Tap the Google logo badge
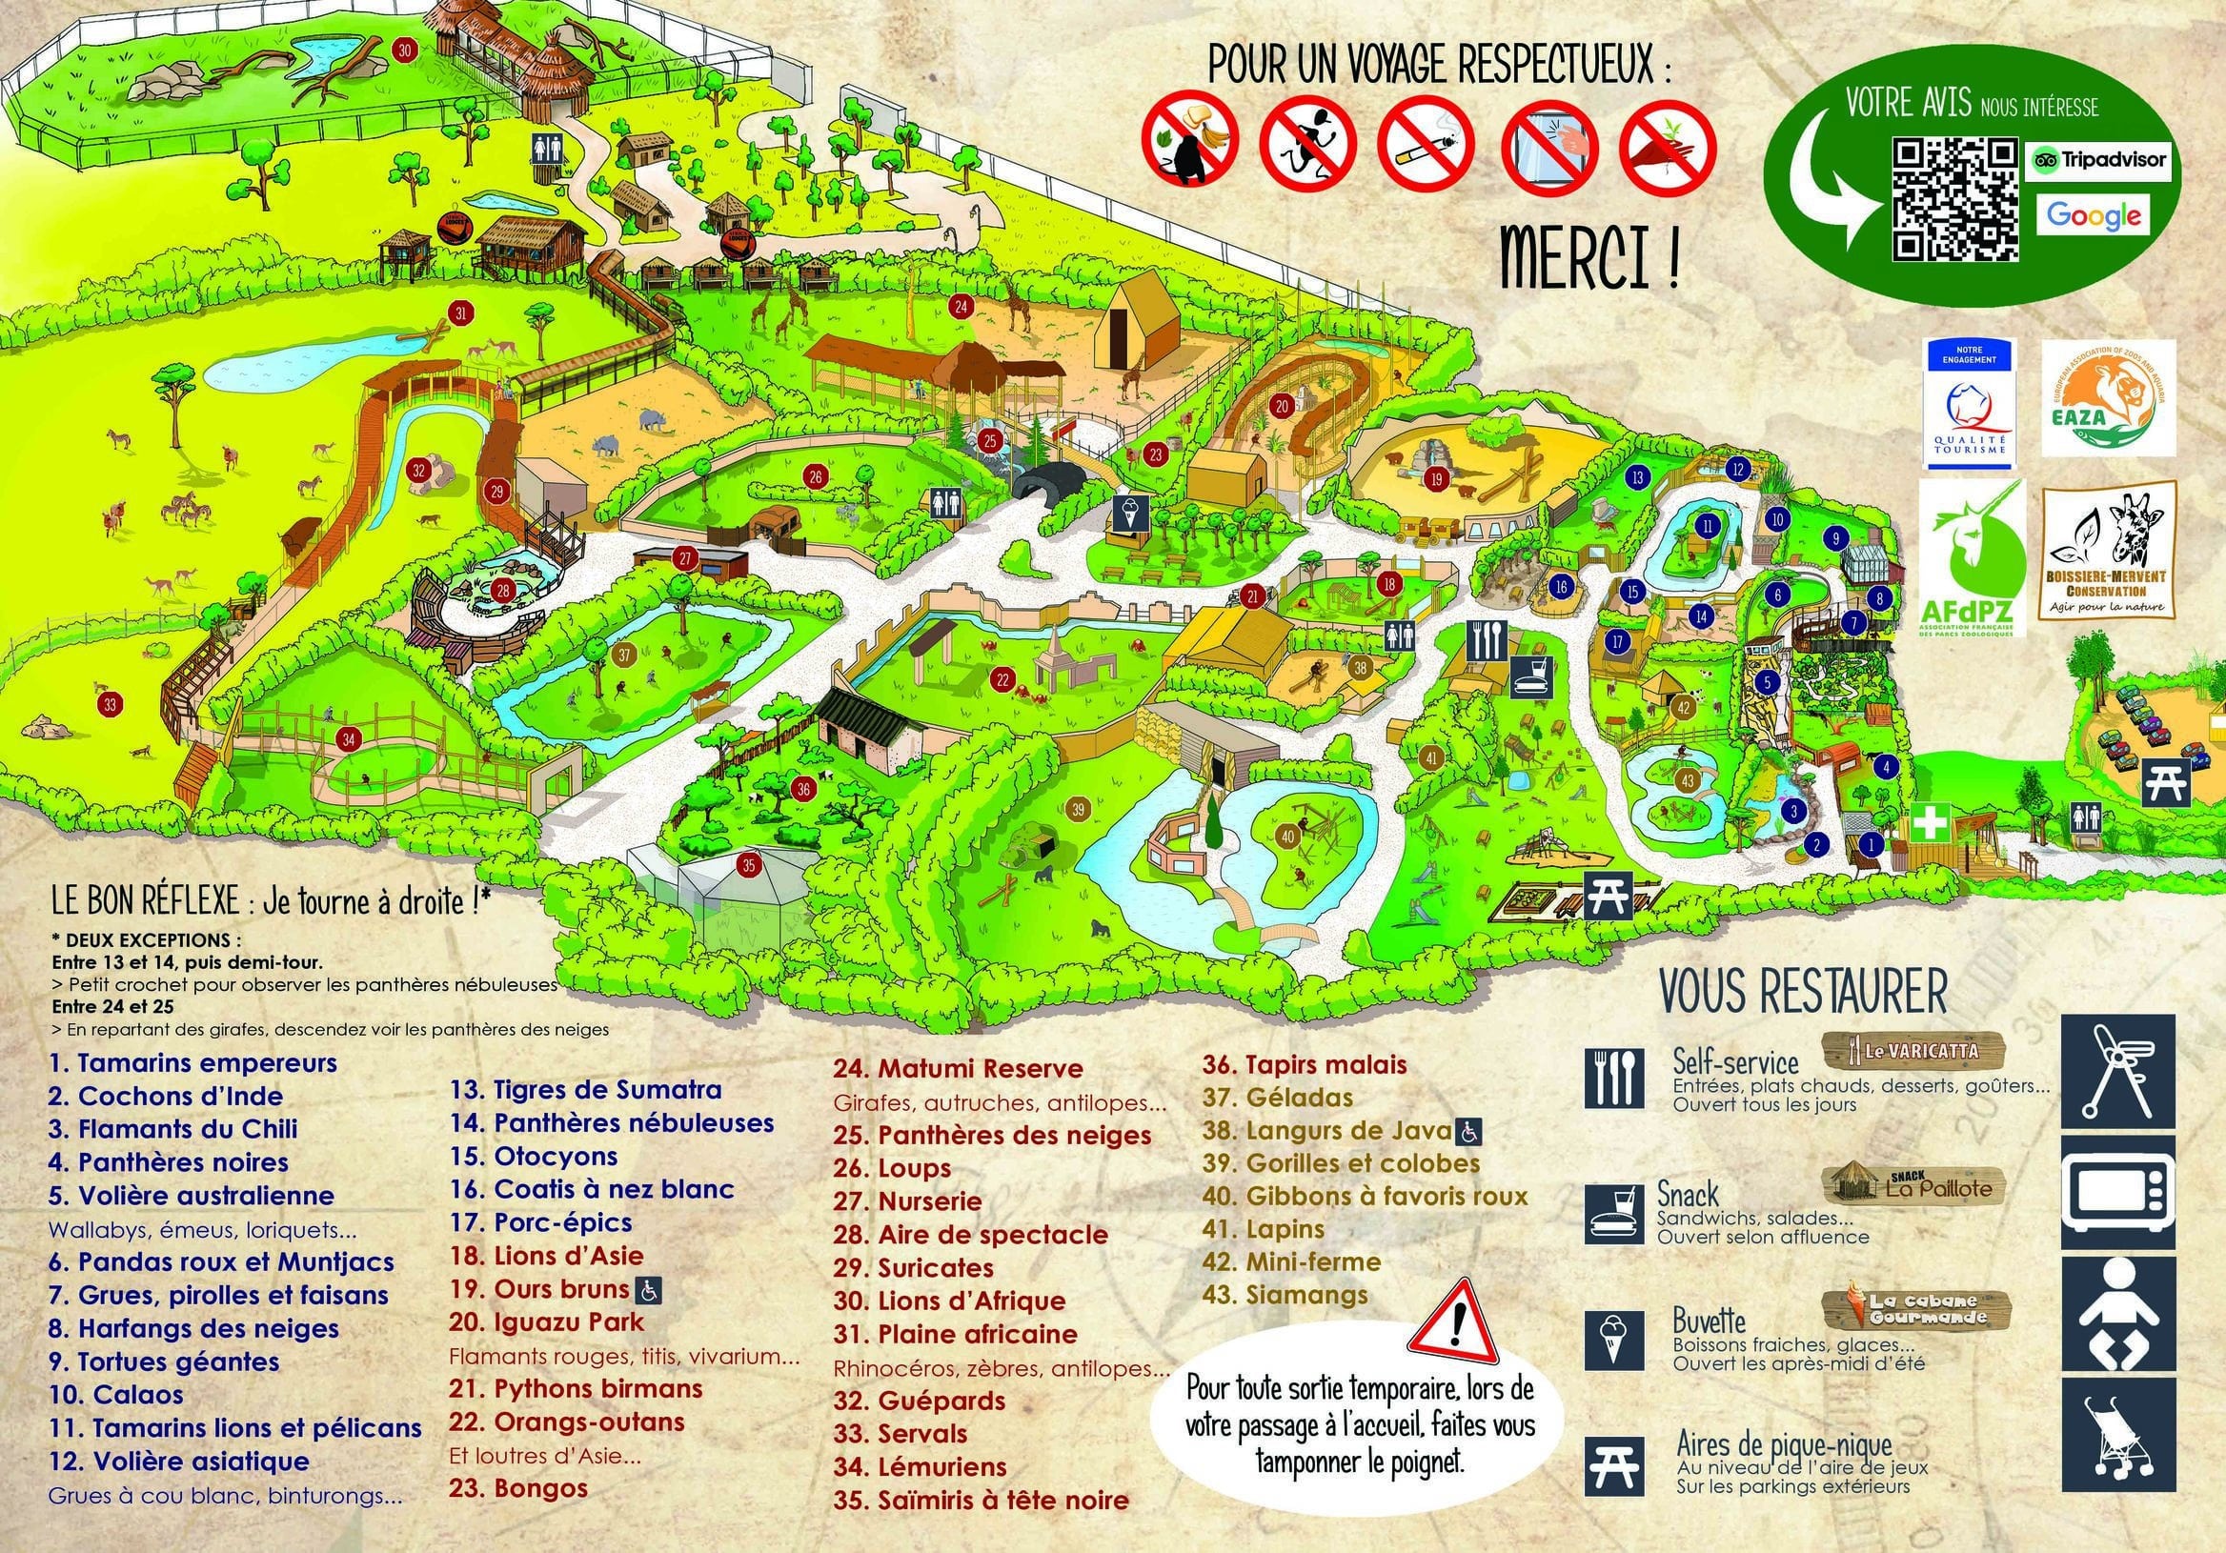pos(2094,216)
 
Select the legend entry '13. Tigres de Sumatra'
pos(586,1090)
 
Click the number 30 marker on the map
pos(405,50)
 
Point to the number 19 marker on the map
pos(1437,478)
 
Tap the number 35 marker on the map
pos(748,865)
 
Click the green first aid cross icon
pos(1932,827)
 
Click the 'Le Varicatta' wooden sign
pos(1913,1051)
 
